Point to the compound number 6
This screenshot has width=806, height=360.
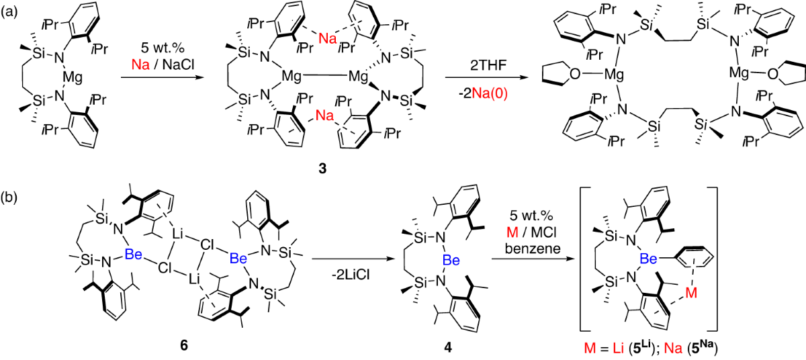pos(183,346)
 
